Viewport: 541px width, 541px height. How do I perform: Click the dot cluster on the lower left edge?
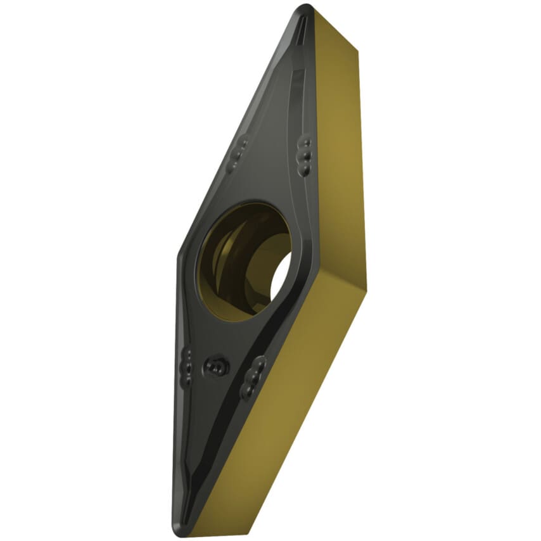tap(186, 366)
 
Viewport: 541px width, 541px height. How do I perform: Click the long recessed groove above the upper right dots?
tap(296, 95)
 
